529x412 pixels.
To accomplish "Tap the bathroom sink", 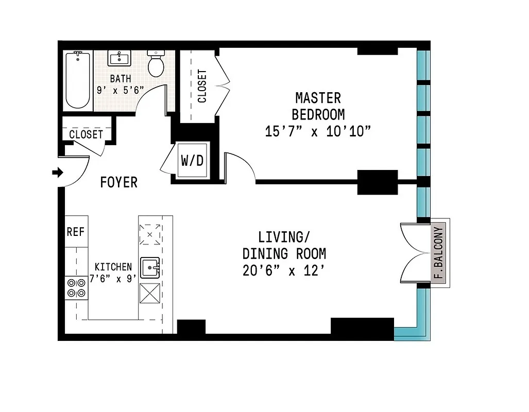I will pos(119,58).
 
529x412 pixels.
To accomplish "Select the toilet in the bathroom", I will pos(156,64).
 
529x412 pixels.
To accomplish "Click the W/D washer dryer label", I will pos(192,161).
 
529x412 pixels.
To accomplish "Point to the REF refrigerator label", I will pos(76,232).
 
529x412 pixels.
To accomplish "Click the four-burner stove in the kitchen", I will pos(76,288).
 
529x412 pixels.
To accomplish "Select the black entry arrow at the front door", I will pos(57,173).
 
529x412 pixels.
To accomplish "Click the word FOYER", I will pos(119,182).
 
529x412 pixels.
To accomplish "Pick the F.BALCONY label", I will pos(439,253).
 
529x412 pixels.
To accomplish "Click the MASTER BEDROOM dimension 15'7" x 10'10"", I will pos(318,132).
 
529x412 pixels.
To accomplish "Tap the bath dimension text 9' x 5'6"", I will pos(121,90).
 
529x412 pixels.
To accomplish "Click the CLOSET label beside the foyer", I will pos(86,134).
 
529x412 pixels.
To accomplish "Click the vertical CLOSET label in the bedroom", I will pos(202,86).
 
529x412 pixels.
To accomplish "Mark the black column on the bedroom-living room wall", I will pos(377,182).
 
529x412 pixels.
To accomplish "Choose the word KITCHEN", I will pos(113,267).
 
